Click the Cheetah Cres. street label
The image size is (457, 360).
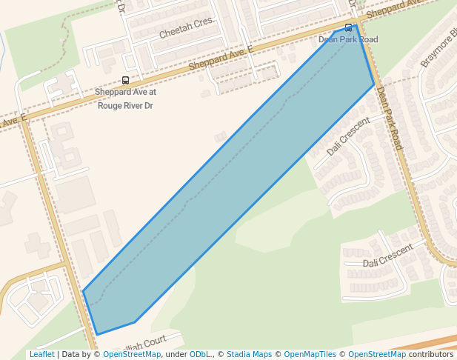click(x=186, y=28)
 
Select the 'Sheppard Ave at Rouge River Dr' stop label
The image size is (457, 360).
click(x=125, y=99)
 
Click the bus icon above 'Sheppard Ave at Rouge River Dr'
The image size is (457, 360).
click(x=125, y=81)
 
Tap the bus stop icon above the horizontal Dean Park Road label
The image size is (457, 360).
click(x=349, y=28)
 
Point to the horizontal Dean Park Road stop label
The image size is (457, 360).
click(x=348, y=39)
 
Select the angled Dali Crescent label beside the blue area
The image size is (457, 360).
click(x=347, y=136)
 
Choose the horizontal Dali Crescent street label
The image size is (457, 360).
click(x=387, y=256)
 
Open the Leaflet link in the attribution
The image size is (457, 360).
click(x=41, y=354)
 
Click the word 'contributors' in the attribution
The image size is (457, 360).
click(x=431, y=354)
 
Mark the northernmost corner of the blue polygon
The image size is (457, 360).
click(x=356, y=25)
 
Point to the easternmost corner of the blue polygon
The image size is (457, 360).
click(x=374, y=84)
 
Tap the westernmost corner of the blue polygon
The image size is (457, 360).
click(x=83, y=291)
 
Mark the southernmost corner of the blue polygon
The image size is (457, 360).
click(x=96, y=335)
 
